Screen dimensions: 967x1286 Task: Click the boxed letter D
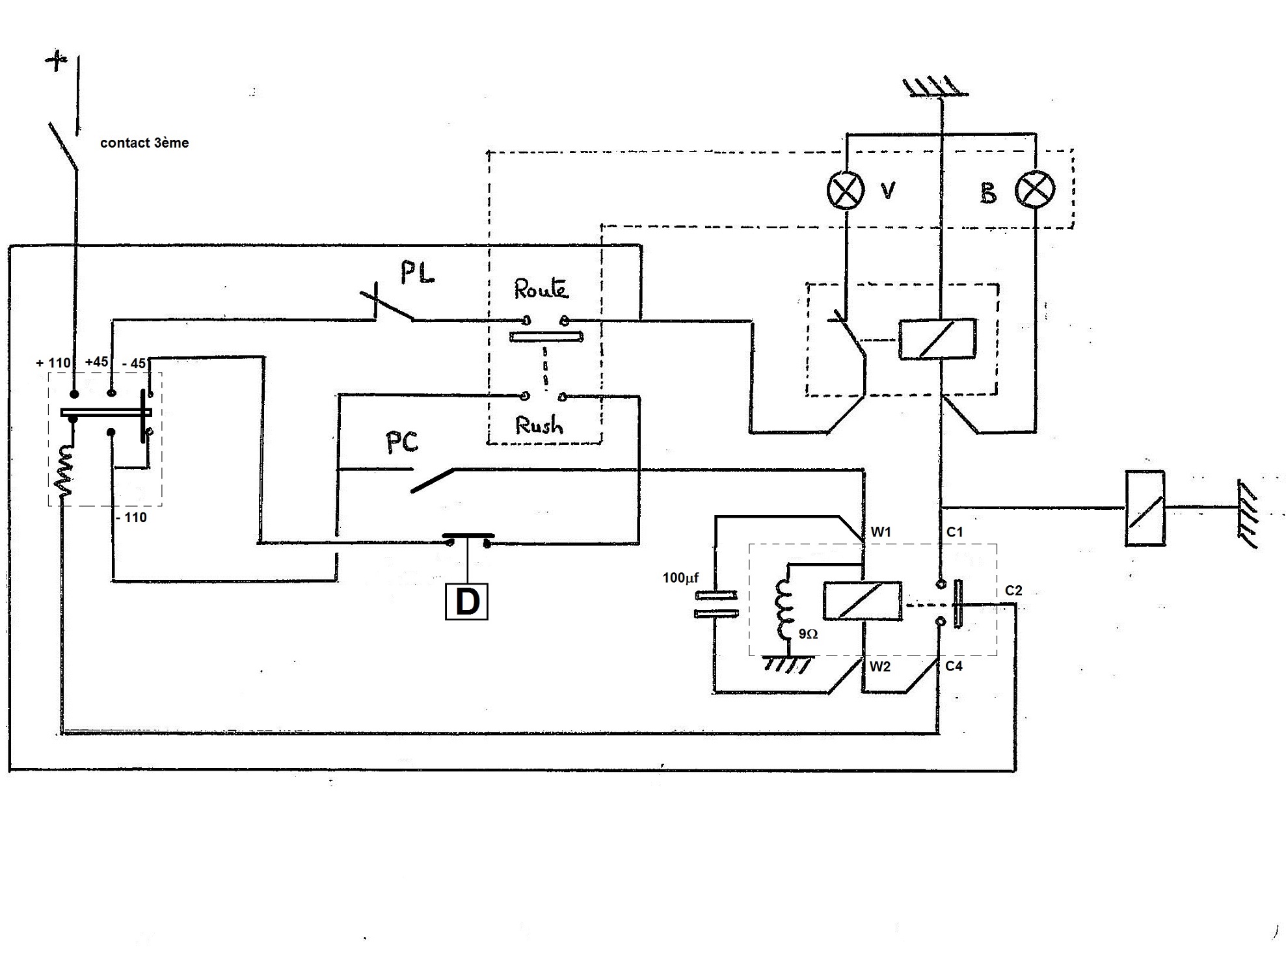tap(466, 602)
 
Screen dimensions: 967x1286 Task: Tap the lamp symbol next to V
tap(846, 191)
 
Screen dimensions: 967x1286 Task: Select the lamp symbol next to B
tap(1034, 191)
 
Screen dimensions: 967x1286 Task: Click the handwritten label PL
tap(417, 273)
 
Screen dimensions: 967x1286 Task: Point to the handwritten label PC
tap(401, 443)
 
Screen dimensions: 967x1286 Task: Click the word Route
tap(541, 289)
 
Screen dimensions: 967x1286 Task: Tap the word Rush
tap(539, 425)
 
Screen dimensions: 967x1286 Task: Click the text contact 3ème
tap(144, 143)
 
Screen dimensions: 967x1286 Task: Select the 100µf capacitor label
tap(680, 577)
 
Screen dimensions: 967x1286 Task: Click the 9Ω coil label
tap(808, 633)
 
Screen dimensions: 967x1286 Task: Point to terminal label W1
tap(881, 532)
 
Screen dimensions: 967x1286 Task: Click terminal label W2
tap(880, 666)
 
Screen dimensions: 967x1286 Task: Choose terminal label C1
tap(954, 532)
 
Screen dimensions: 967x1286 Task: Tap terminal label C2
tap(1013, 590)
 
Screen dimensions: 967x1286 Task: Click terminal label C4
tap(954, 666)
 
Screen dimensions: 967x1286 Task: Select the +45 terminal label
tap(96, 362)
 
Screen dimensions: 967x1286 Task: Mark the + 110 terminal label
tap(53, 363)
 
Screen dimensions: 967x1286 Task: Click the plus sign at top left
tap(57, 62)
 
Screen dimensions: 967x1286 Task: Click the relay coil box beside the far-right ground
tap(1144, 508)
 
